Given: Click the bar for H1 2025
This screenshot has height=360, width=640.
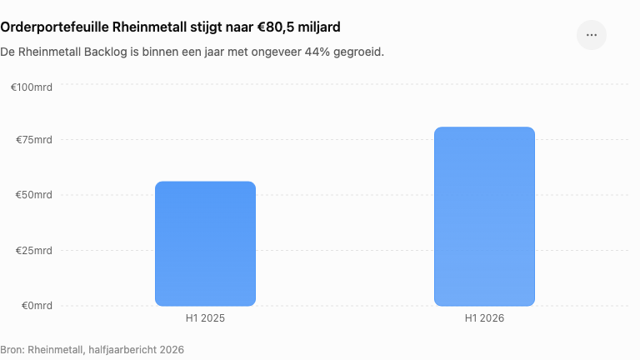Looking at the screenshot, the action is (205, 243).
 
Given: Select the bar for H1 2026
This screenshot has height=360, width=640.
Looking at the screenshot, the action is (484, 217).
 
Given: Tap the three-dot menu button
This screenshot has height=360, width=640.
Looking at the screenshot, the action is (592, 35).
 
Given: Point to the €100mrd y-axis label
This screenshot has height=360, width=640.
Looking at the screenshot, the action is (32, 87).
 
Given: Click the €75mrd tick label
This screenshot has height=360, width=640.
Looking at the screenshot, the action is (34, 140).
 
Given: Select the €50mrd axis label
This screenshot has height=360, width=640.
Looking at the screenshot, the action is (34, 195).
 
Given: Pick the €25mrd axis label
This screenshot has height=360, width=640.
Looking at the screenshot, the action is (34, 251).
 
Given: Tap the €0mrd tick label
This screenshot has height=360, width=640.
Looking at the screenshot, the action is (37, 306).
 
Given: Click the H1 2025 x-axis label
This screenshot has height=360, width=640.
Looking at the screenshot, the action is (205, 318).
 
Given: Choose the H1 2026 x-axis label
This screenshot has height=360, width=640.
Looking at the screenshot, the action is (484, 318).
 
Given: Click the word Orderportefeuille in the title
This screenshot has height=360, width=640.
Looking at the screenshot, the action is (55, 27).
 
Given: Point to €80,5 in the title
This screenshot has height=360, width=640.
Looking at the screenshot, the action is (276, 27).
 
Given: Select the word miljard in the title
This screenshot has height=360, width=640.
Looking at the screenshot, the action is (319, 27).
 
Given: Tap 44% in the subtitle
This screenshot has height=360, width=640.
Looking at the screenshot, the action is (317, 52).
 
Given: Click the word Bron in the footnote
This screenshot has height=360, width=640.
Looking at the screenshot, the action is (12, 350).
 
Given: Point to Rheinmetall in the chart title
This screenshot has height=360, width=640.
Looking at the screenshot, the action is (149, 27).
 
